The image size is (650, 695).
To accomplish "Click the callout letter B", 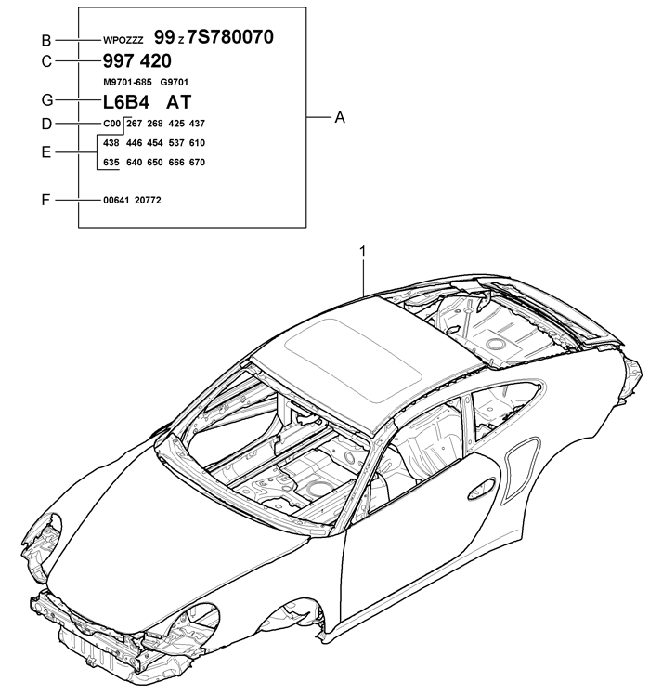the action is (46, 40).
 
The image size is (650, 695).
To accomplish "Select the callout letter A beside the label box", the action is (340, 117).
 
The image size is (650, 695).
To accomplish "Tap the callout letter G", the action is (47, 100).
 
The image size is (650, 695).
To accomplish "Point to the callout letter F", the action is (45, 201).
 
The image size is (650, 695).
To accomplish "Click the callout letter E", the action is (46, 152).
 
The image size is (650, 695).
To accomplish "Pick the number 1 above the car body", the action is (363, 252).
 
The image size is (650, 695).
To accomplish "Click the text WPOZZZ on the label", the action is (123, 40).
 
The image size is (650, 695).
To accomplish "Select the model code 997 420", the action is (136, 61).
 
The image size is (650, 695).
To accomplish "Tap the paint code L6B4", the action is (126, 102).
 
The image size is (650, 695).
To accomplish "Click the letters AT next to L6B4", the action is (178, 102).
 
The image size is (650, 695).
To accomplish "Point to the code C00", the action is (111, 124).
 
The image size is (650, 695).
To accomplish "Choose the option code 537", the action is (176, 143).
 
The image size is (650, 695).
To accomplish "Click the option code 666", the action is (176, 163).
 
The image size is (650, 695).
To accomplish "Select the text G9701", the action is (175, 83).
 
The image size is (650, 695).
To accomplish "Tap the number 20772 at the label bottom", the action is (148, 201).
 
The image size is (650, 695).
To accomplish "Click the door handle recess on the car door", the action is (482, 489).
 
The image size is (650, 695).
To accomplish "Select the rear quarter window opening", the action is (505, 407).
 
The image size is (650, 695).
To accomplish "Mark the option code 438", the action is (111, 143).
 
